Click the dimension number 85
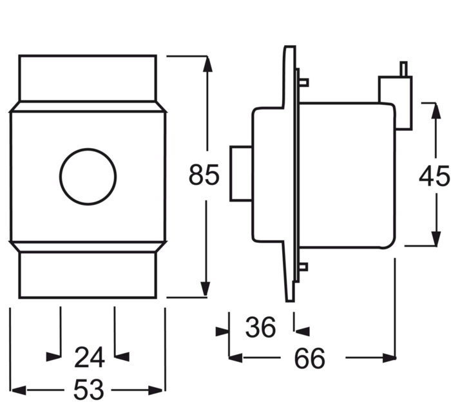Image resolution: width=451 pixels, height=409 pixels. coord(204,175)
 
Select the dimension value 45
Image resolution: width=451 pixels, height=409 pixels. coord(434,175)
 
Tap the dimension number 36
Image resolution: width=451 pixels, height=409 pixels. coord(260,327)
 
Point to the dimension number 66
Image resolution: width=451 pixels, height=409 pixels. coord(309,358)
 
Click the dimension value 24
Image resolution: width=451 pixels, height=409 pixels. coord(89,357)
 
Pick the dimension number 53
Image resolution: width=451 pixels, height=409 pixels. coord(88,390)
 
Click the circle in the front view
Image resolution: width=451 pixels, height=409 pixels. coord(88,176)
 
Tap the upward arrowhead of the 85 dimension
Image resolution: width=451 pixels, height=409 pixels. coord(207,64)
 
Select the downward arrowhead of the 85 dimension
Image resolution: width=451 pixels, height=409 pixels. coord(205,289)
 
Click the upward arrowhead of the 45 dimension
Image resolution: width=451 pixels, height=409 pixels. coord(436,111)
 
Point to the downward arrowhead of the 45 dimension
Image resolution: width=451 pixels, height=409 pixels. coord(436,238)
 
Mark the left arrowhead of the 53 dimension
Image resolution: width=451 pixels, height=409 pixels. coord(19,390)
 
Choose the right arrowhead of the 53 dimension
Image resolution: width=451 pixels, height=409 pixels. coord(156,390)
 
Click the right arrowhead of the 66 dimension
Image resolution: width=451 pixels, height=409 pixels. coord(389,358)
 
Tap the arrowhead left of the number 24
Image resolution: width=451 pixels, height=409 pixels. coord(53,357)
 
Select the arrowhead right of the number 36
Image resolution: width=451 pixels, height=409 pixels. coord(302,332)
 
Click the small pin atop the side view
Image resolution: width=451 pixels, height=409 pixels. coord(404,69)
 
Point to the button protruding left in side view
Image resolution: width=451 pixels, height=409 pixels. coord(242,173)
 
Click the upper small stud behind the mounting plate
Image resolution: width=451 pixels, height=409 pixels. coord(304,82)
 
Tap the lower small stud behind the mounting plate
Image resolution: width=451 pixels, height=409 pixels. coord(303,267)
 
